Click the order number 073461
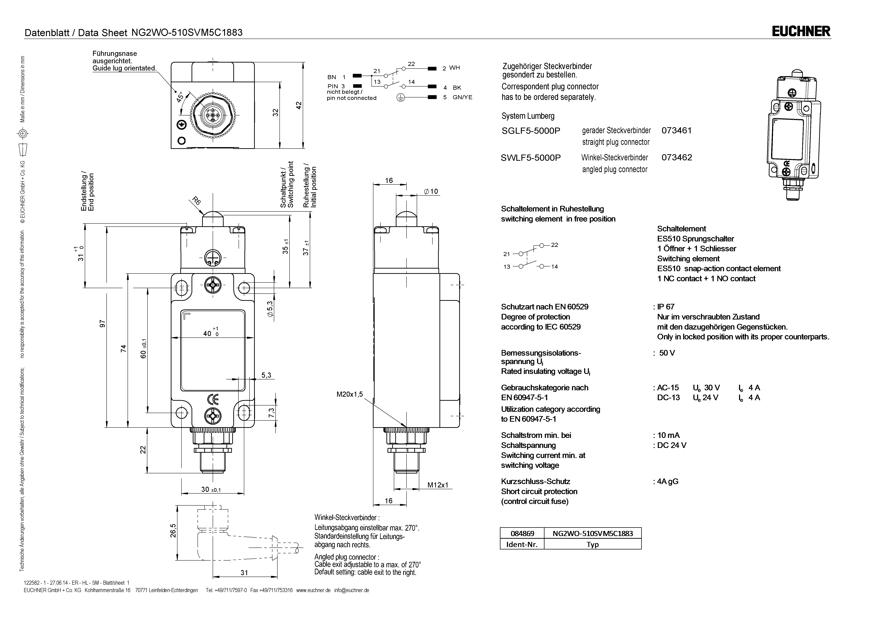[676, 131]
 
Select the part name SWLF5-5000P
[531, 158]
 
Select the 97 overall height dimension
[102, 324]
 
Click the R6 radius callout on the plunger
[196, 201]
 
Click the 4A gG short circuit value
[668, 481]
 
